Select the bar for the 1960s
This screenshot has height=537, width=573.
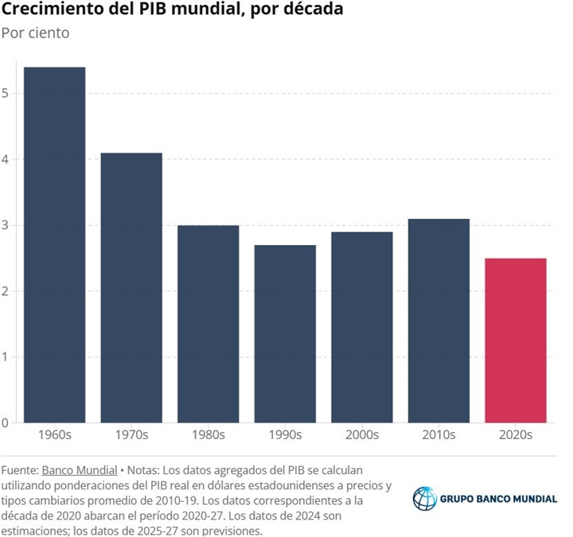pos(54,245)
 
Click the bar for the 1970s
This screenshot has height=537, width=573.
pos(131,287)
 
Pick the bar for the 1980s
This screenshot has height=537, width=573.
pos(208,324)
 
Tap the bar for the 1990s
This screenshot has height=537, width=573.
pos(285,333)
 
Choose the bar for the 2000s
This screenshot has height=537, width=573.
pos(362,327)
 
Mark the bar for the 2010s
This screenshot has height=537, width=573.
pos(439,321)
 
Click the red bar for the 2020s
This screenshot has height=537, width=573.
pos(516,340)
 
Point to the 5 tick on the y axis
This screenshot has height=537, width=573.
pos(7,94)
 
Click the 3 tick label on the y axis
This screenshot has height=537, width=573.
pos(7,225)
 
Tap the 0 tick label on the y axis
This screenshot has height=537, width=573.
pos(7,422)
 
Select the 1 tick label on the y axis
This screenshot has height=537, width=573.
pos(7,357)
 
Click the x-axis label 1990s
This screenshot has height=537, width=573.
pos(285,435)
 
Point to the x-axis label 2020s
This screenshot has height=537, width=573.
pos(516,435)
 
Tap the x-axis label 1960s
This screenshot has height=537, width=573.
pos(54,435)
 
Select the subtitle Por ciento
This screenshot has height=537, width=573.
pos(35,33)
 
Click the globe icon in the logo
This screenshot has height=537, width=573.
pos(425,499)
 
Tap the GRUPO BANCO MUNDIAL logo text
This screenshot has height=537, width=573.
pos(499,500)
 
